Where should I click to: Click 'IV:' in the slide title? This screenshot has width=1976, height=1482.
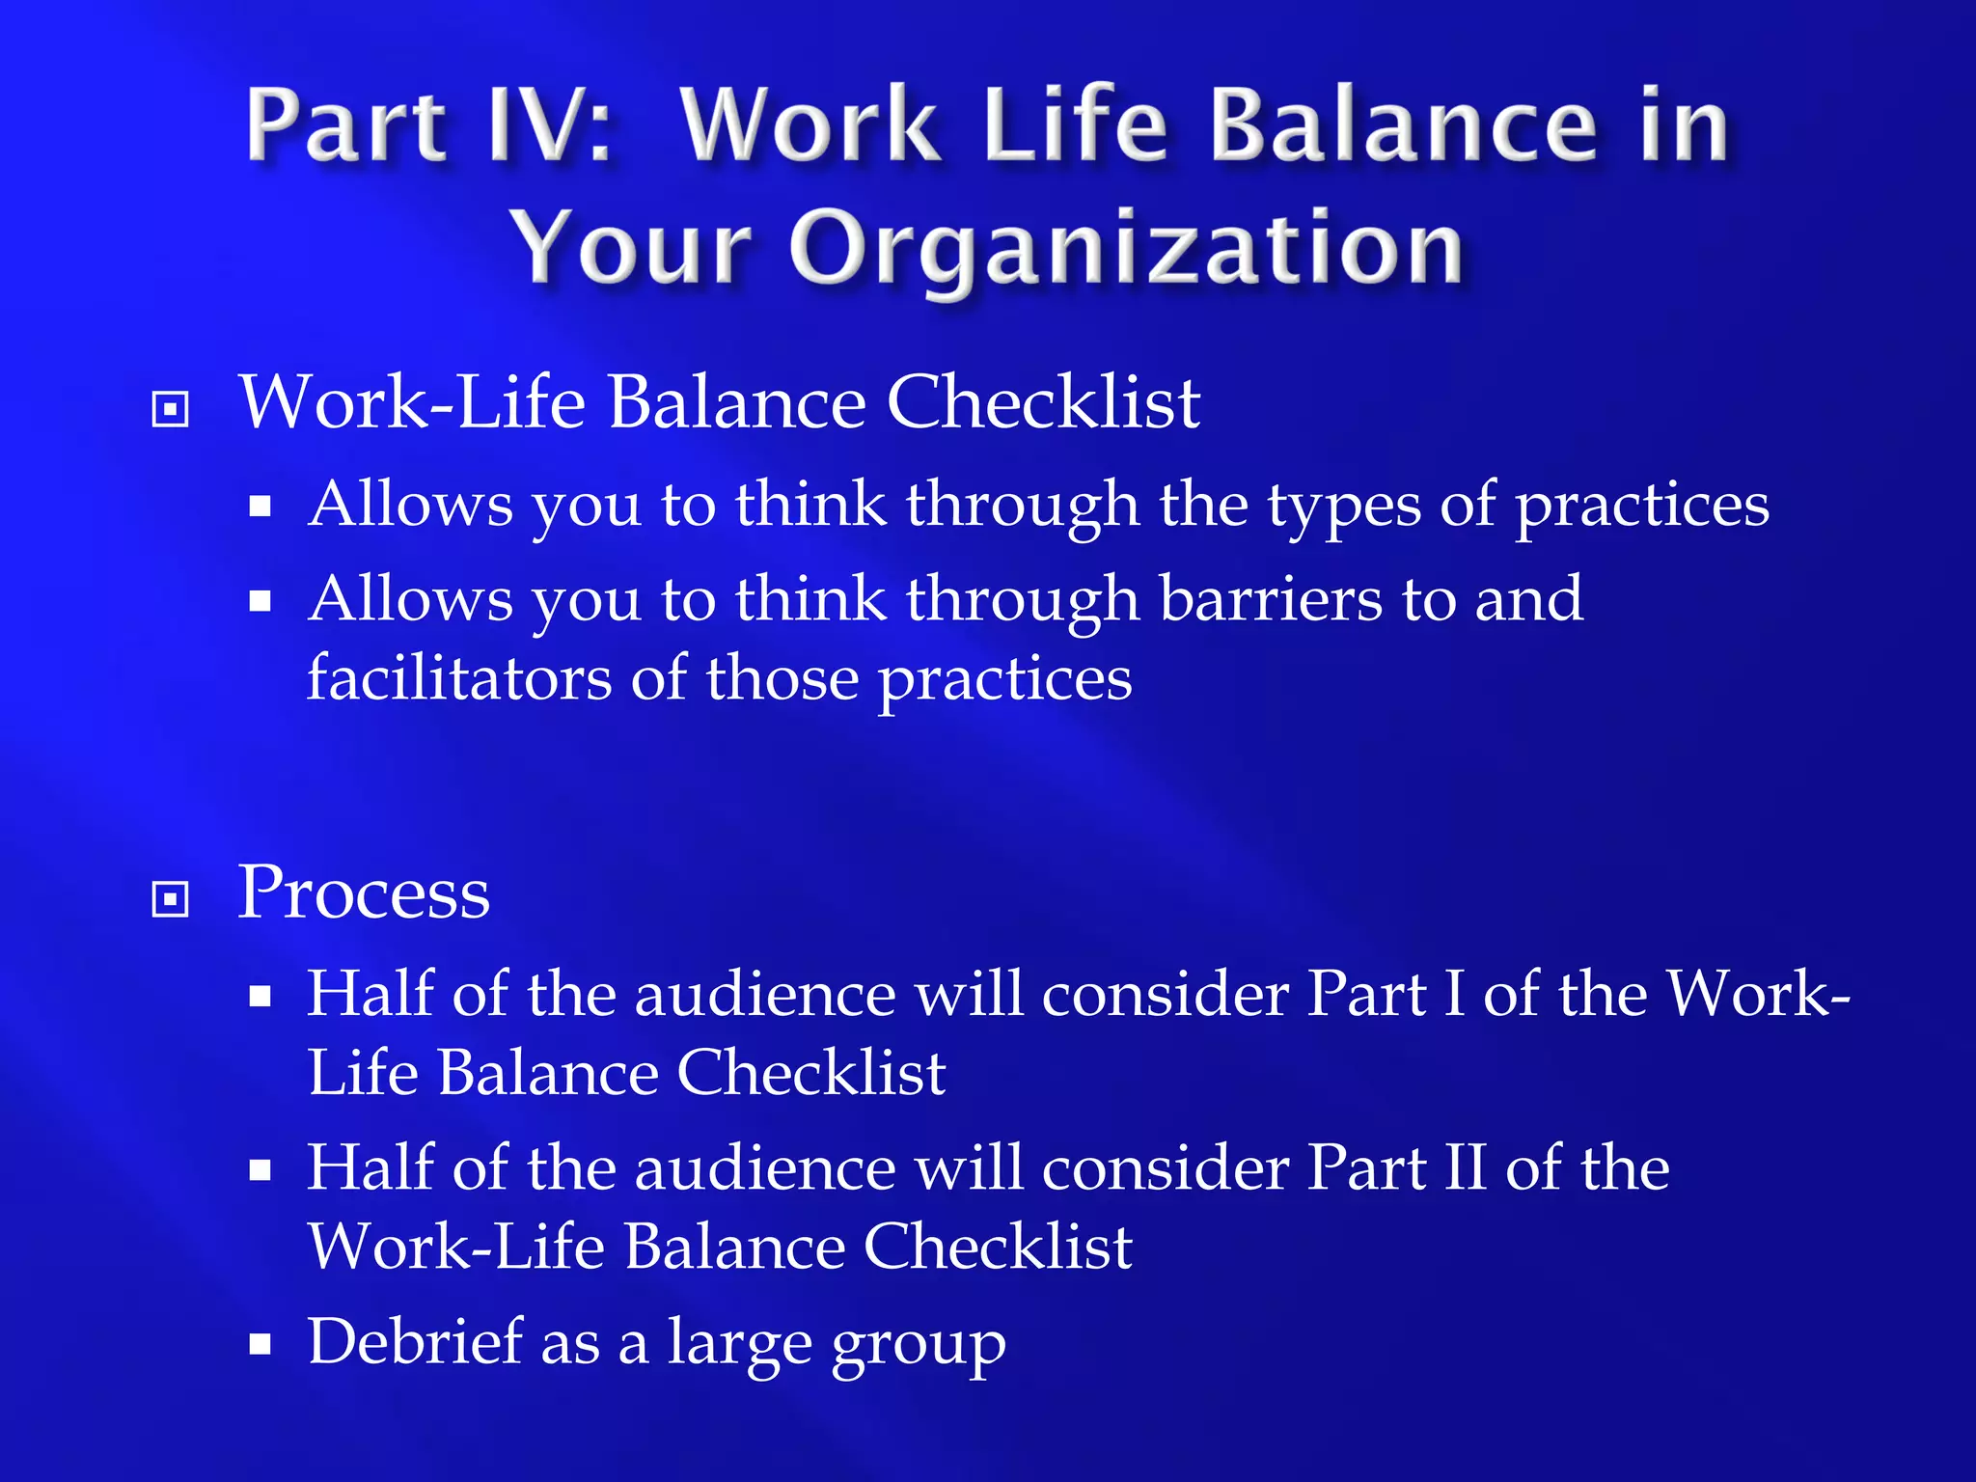coord(550,126)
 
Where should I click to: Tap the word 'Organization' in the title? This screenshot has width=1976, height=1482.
coord(1126,248)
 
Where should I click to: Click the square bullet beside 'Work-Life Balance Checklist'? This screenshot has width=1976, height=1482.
coord(171,409)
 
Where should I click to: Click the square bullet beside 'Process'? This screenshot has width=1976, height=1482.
coord(171,899)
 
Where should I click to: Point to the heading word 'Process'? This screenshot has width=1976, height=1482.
coord(364,893)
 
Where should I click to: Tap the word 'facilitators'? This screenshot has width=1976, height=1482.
coord(458,678)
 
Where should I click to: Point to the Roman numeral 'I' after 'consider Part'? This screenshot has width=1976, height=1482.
coord(1454,994)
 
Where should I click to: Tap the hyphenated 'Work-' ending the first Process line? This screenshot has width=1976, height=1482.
coord(1758,994)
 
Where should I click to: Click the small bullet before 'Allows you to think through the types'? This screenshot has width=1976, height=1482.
coord(260,507)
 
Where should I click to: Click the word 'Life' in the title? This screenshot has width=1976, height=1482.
coord(1074,126)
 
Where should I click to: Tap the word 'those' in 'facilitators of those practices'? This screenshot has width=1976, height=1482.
coord(782,678)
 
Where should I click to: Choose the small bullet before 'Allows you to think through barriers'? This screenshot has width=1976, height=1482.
coord(260,602)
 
